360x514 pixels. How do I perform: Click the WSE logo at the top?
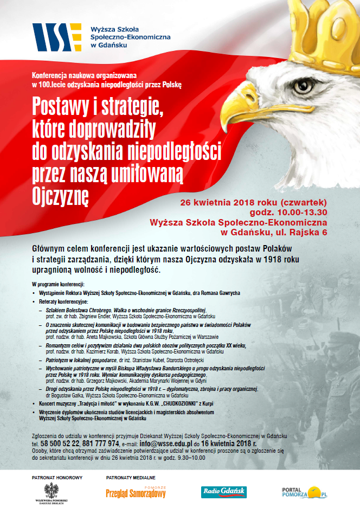pos(57,36)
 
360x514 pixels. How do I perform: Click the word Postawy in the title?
pos(66,105)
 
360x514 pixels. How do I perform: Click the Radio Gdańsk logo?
pos(224,492)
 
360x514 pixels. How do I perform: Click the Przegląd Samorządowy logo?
pos(136,493)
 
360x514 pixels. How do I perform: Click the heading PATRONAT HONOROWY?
pos(50,478)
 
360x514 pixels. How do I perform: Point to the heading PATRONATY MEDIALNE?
pos(130,478)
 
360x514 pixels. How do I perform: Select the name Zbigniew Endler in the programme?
pos(93,316)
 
